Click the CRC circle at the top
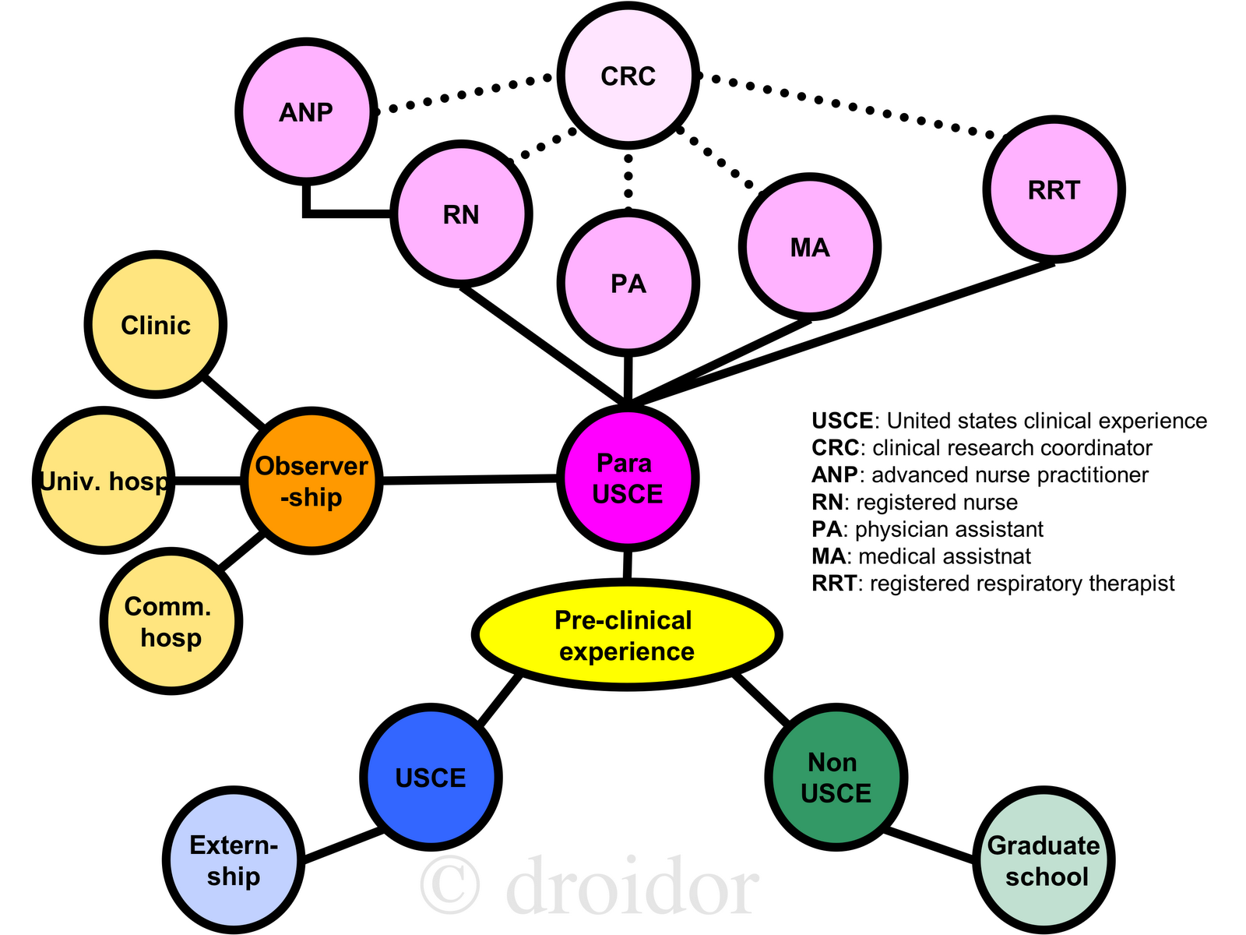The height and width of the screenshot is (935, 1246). (628, 76)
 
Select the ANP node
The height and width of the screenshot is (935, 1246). (305, 112)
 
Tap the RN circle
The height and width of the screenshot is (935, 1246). (461, 214)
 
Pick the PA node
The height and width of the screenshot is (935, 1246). (628, 284)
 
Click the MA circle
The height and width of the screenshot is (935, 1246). (810, 248)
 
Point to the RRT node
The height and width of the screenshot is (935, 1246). (1054, 189)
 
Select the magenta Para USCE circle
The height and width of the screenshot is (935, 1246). (627, 478)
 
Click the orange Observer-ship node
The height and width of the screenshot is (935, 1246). (311, 482)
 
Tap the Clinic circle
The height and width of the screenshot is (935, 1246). (155, 325)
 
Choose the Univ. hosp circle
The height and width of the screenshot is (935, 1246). (104, 482)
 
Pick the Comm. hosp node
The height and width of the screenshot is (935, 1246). (171, 622)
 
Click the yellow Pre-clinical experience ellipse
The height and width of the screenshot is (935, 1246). (626, 635)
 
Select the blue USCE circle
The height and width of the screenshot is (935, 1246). (431, 777)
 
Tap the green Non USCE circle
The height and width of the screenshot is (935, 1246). (836, 777)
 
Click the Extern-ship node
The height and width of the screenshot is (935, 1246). (233, 860)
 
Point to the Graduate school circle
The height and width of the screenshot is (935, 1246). (1044, 860)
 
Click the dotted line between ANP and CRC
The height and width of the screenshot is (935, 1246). (464, 93)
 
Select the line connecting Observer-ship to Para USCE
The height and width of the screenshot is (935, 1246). (470, 480)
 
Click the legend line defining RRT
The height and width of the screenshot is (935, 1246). (993, 584)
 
